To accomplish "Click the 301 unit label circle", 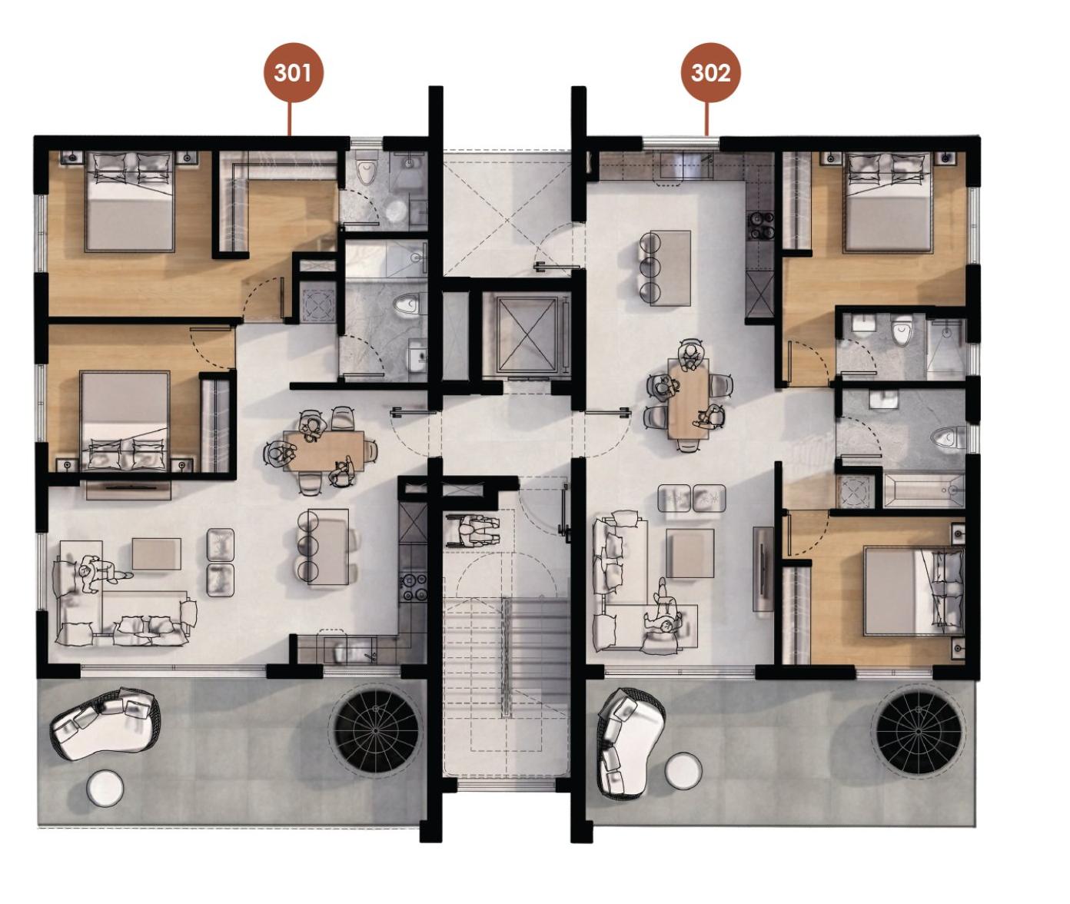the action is point(293,73).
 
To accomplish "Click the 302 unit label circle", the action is point(710,73).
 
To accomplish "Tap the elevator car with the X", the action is point(527,334).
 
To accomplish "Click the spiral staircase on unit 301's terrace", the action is point(376,731).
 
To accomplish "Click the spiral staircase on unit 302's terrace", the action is point(918,730).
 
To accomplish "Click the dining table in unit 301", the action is point(324,450).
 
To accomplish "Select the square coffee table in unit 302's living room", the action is point(690,553).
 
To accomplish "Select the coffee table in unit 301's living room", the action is point(156,553).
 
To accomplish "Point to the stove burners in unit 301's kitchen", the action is point(414,587).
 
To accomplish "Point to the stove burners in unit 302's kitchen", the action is point(761,225).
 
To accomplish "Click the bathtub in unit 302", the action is point(923,490).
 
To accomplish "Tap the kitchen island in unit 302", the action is point(670,268).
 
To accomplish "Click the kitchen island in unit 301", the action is point(328,547).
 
